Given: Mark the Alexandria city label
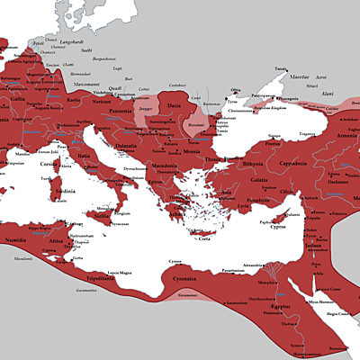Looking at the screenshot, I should coord(253,265).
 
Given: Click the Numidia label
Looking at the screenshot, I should coord(17,242).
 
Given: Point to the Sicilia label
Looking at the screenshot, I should coord(103,216).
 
